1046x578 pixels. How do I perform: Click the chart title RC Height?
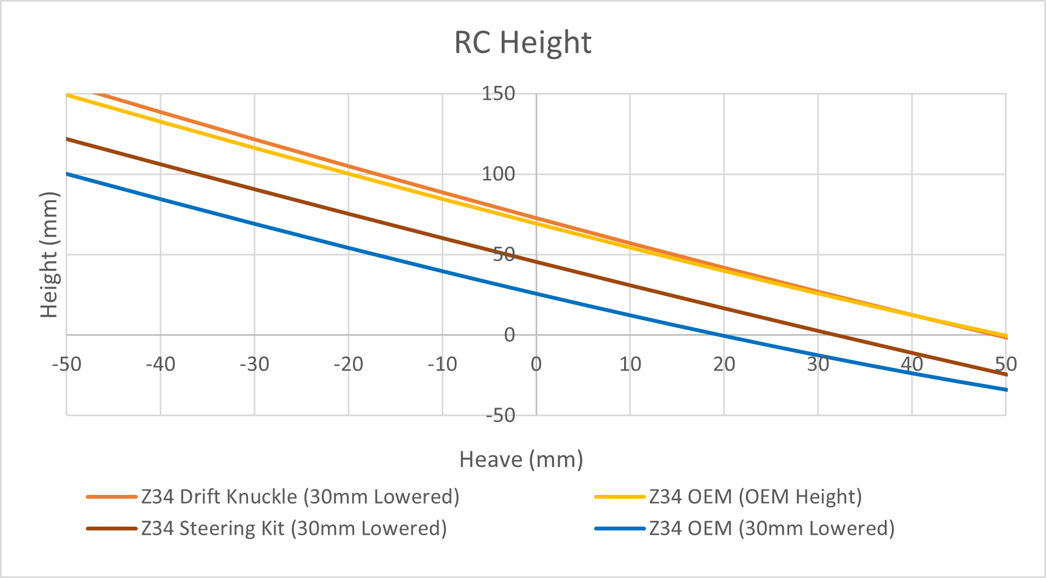click(522, 43)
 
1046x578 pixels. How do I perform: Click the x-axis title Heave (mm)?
click(521, 459)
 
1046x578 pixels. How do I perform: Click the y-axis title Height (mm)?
click(49, 255)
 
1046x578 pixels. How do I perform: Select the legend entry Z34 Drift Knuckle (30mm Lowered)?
click(299, 497)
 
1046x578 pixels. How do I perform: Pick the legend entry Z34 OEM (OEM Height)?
click(755, 497)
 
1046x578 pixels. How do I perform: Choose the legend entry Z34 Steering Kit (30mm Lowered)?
click(293, 528)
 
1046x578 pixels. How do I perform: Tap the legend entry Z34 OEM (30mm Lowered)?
click(771, 528)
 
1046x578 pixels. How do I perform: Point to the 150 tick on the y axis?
click(498, 94)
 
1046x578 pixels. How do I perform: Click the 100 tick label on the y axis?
click(498, 174)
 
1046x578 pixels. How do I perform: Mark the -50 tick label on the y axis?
click(501, 416)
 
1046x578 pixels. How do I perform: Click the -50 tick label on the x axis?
click(67, 364)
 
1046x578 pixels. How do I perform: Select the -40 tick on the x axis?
click(161, 364)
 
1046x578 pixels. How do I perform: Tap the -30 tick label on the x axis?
click(255, 364)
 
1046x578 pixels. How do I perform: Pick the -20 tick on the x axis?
click(349, 364)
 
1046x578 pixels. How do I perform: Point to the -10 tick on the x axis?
click(443, 364)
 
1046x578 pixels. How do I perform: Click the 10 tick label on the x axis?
click(630, 364)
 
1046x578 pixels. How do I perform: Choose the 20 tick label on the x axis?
click(724, 364)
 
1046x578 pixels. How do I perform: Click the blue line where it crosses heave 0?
click(536, 294)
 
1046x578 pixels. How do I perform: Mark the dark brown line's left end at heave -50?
click(67, 139)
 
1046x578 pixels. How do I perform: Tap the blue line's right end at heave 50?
click(1006, 390)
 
